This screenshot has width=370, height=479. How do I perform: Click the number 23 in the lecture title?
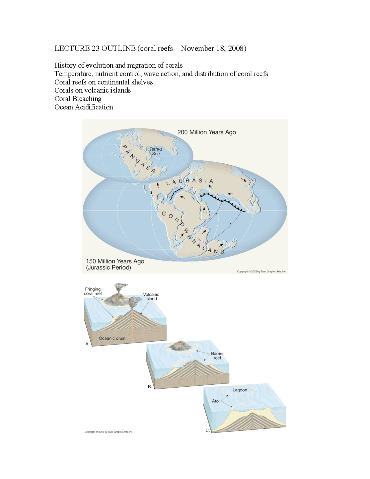(95, 48)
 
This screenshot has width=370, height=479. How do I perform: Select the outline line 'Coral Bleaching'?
(78, 99)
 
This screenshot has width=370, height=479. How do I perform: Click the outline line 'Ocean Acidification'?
(84, 107)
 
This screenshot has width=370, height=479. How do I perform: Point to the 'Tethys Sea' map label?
(156, 151)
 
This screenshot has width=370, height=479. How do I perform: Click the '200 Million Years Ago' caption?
(206, 132)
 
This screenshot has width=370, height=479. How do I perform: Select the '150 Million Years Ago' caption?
(115, 261)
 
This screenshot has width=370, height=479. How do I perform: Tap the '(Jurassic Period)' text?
(108, 268)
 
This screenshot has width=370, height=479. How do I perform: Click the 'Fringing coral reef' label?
(93, 291)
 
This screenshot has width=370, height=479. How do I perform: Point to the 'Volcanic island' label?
(151, 296)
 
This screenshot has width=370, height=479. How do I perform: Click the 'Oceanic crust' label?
(112, 338)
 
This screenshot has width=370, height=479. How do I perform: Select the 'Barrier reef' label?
(217, 355)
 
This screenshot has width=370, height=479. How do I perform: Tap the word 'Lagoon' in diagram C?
(240, 390)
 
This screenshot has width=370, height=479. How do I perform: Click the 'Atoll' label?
(216, 401)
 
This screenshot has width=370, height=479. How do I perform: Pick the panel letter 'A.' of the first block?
(87, 344)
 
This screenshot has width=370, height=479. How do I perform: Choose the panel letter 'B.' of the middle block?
(150, 386)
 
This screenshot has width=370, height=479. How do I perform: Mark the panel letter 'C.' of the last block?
(208, 430)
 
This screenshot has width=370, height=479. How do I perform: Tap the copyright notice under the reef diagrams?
(109, 432)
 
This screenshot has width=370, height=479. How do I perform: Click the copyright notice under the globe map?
(262, 271)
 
